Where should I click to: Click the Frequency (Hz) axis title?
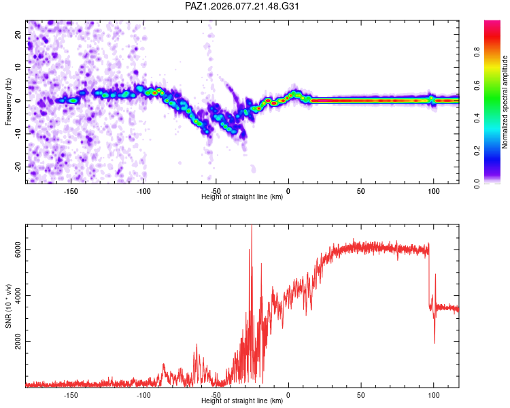click(x=7, y=101)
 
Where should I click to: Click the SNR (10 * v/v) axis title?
click(x=7, y=305)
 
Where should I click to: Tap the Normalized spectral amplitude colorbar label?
click(x=505, y=101)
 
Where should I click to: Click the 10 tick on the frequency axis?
click(x=18, y=67)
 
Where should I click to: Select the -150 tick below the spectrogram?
click(x=71, y=191)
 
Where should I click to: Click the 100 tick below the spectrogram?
click(x=434, y=191)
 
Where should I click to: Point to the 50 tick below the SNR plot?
click(x=361, y=395)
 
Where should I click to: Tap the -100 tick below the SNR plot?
click(x=143, y=395)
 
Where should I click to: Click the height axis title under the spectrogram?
click(x=242, y=197)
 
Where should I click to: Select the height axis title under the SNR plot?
click(x=242, y=401)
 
